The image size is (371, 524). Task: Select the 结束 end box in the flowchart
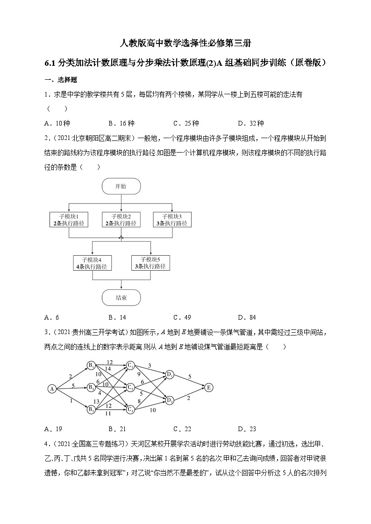(x=121, y=297)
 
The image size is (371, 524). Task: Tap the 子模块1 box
(x=69, y=220)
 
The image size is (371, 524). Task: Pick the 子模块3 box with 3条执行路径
(x=172, y=220)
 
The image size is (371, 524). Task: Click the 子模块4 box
(x=93, y=263)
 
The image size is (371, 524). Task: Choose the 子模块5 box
(x=150, y=263)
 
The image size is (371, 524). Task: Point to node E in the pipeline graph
(x=209, y=387)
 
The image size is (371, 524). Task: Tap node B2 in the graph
(x=91, y=387)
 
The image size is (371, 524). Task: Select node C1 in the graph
(x=131, y=365)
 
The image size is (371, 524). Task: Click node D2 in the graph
(x=170, y=399)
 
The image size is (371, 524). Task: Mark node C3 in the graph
(x=131, y=410)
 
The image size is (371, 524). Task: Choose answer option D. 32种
(x=250, y=124)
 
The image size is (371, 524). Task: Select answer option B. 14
(x=117, y=318)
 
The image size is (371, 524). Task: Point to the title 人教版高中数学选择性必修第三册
(x=185, y=44)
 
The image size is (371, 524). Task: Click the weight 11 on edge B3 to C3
(x=108, y=413)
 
